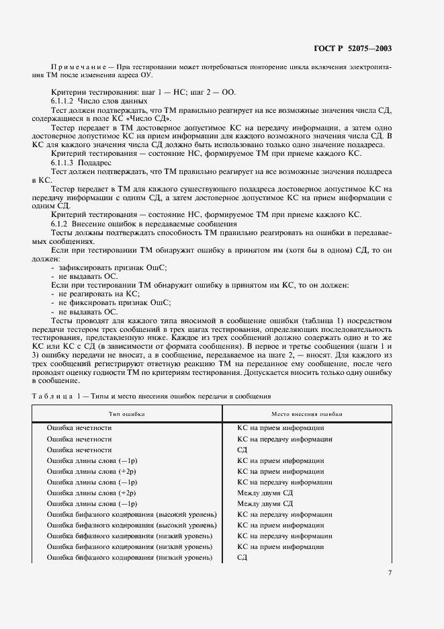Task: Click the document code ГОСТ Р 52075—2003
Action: pos(354,48)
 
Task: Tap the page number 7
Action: pos(390,573)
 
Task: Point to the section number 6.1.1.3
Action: pos(66,162)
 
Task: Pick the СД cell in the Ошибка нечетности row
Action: pos(243,450)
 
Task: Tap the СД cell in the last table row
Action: pos(243,558)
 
